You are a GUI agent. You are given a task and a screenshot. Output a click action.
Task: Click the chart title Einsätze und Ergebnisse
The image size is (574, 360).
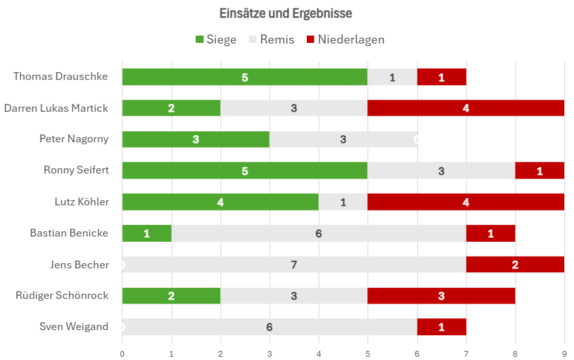[x=285, y=14]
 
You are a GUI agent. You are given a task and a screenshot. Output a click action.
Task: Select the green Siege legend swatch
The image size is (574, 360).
[x=200, y=39]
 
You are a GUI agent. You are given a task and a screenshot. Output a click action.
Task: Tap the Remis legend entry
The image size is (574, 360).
[x=271, y=39]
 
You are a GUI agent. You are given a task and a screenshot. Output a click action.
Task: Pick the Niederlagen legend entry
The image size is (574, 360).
[x=346, y=39]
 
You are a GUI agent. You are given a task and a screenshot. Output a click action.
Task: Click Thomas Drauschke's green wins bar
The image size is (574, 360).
[x=245, y=77]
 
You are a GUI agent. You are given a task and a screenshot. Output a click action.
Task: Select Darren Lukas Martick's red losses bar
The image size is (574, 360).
[x=466, y=108]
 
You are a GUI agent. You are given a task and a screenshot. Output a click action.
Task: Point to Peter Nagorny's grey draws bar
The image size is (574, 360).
[x=343, y=140]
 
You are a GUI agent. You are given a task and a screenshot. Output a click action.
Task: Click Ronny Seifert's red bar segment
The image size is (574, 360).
[x=540, y=170]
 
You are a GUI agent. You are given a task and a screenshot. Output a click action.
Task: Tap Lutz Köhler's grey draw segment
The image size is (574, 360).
[x=343, y=202]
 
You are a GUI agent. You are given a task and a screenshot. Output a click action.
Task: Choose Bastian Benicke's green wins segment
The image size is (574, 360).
[x=147, y=233]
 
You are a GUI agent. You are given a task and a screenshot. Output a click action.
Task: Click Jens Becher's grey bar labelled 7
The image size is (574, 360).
[x=294, y=264]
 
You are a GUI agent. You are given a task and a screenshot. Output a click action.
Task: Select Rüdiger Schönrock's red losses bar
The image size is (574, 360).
[x=441, y=296]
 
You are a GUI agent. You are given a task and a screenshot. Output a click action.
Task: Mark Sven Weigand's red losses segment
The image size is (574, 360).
[x=441, y=327]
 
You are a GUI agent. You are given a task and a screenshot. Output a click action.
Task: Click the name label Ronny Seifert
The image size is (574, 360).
[x=76, y=170]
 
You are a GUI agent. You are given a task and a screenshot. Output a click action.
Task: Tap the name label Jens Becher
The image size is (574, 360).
[x=79, y=264]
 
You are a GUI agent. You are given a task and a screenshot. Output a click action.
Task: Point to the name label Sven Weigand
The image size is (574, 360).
[x=74, y=326]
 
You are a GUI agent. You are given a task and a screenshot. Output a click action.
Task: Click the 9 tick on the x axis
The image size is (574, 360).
[x=564, y=354]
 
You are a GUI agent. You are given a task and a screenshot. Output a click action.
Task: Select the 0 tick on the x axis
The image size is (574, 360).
[x=122, y=354]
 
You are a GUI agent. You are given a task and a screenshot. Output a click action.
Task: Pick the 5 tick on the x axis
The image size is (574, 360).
[x=367, y=354]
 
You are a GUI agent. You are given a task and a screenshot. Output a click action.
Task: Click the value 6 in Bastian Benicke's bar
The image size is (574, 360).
[x=319, y=233]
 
